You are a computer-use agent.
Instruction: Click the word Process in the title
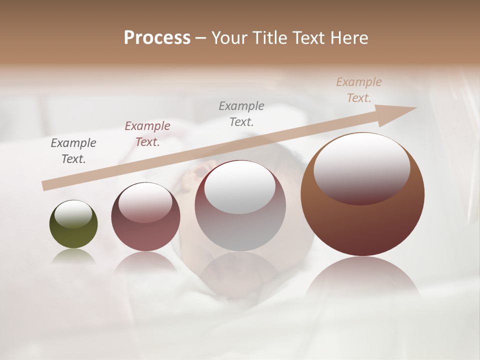(x=157, y=38)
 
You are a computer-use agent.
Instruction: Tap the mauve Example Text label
(x=147, y=134)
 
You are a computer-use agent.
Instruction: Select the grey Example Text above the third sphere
(x=241, y=114)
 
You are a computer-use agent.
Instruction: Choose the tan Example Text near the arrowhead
(x=358, y=90)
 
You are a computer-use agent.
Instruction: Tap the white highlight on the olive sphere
(x=73, y=213)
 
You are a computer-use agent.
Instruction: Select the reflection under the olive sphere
(x=73, y=256)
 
